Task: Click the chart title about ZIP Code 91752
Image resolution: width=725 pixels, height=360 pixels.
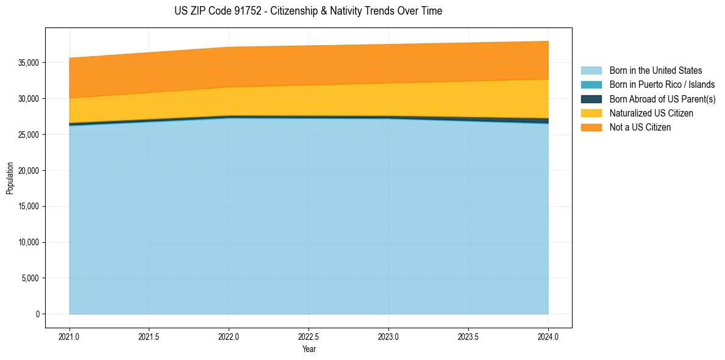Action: [308, 11]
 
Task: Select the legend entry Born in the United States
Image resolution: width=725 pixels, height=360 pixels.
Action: [655, 71]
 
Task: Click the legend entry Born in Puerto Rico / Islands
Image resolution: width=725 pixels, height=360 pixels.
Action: [662, 85]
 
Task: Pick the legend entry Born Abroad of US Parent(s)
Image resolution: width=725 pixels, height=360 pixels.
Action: [662, 99]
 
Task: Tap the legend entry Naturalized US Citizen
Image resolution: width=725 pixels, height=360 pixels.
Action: [651, 113]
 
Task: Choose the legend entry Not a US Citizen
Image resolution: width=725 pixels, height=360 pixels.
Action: [640, 128]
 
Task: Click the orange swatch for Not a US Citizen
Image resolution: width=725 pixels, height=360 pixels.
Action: [591, 128]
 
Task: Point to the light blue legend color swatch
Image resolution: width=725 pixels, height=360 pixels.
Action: [591, 71]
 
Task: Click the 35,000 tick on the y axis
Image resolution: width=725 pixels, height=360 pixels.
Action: [29, 63]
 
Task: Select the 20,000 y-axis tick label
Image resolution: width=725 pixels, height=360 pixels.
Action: [29, 171]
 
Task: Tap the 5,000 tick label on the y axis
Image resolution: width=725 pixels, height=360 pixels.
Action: [31, 278]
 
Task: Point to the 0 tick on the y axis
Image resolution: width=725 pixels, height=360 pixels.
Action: [38, 314]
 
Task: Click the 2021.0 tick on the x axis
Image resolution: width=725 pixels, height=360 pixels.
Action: [70, 336]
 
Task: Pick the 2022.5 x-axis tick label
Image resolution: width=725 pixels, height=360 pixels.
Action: [309, 336]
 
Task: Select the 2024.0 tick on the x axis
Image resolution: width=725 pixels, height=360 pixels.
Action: [548, 336]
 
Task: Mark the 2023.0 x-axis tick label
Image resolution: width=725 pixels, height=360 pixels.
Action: [388, 336]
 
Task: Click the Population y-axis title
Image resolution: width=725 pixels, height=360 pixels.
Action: [10, 178]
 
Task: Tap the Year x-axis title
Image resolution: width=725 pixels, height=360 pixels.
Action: [309, 349]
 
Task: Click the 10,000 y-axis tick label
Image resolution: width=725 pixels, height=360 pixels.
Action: [29, 242]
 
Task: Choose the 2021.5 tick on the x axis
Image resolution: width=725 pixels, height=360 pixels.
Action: [149, 336]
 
